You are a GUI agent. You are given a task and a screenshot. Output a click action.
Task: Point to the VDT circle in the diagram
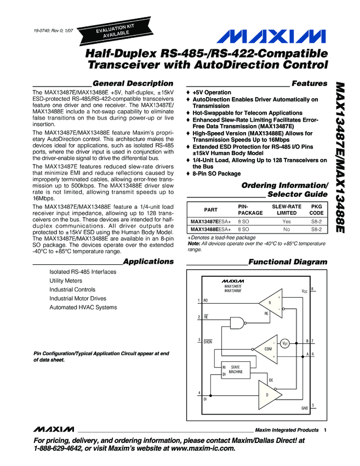click(x=285, y=344)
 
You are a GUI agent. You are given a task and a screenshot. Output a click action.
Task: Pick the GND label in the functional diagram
click(x=305, y=408)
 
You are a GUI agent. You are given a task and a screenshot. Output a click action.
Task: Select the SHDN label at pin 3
click(x=207, y=342)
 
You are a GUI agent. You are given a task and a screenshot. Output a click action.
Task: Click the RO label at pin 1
click(x=206, y=300)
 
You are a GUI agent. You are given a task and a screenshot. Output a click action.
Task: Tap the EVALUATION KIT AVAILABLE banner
click(x=115, y=32)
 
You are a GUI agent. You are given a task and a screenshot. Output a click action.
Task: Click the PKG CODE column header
click(x=316, y=209)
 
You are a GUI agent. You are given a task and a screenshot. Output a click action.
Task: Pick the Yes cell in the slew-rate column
click(x=286, y=222)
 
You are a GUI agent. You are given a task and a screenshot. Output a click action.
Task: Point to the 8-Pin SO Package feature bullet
click(x=216, y=174)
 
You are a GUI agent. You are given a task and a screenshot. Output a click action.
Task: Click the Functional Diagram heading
click(x=288, y=263)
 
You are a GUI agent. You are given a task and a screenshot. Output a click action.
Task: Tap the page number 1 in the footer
click(x=325, y=430)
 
